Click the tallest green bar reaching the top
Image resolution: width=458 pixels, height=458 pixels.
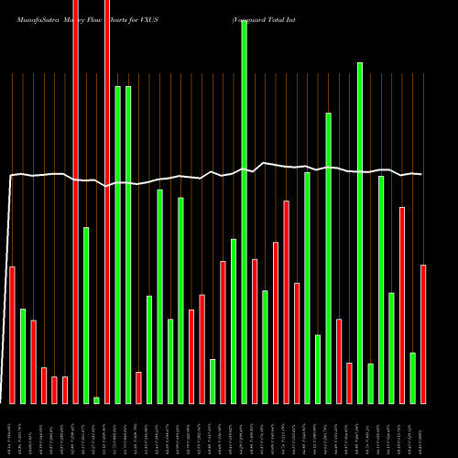click(245, 211)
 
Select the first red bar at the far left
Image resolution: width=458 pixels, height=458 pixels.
click(12, 334)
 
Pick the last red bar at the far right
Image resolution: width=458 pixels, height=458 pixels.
click(423, 333)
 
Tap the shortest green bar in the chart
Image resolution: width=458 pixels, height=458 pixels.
click(96, 399)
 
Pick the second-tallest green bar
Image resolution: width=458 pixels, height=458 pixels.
click(360, 233)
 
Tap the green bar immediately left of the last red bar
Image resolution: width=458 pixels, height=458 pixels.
click(413, 377)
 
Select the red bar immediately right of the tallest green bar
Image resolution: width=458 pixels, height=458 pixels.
click(255, 331)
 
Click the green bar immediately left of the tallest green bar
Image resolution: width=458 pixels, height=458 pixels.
click(234, 321)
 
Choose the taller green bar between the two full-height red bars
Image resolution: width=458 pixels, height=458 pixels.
click(86, 315)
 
